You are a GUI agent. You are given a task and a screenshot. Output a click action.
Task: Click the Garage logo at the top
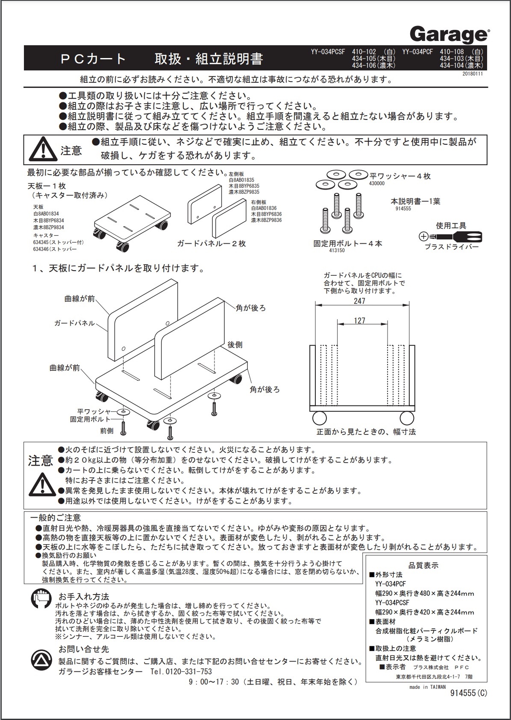click(x=449, y=34)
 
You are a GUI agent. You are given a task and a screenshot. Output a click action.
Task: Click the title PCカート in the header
click(x=93, y=59)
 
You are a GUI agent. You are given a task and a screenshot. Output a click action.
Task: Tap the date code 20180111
click(x=474, y=74)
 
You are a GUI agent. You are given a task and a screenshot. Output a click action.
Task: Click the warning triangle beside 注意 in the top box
click(x=42, y=150)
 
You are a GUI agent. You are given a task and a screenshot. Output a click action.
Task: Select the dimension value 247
click(x=360, y=301)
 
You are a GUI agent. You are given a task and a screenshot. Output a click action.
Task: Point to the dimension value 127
click(x=360, y=321)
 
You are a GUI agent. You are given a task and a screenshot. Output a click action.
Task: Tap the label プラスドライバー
click(x=452, y=247)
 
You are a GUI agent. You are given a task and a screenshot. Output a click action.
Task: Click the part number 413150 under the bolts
click(x=336, y=251)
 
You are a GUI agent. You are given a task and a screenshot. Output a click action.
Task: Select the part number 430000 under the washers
click(x=377, y=183)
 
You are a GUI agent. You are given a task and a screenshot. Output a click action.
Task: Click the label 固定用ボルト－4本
click(x=347, y=244)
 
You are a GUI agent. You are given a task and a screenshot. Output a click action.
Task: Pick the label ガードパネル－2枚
click(x=211, y=244)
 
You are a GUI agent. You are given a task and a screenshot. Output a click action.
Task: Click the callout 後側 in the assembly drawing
click(x=235, y=344)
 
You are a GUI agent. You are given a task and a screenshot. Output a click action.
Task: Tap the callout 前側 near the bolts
click(x=107, y=431)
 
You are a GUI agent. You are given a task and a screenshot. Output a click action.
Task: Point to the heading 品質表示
click(x=423, y=566)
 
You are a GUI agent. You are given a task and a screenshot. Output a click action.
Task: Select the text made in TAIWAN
click(x=427, y=687)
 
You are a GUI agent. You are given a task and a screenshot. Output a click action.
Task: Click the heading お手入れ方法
click(x=84, y=597)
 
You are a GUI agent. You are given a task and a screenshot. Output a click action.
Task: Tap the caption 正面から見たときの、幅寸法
click(x=366, y=431)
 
